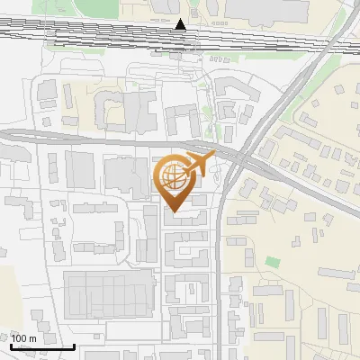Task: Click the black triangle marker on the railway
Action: click(x=181, y=24)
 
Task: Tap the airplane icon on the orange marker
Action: click(x=199, y=165)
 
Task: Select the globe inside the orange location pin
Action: click(x=174, y=177)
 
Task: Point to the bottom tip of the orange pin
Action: click(x=174, y=212)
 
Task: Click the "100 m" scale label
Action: click(x=23, y=338)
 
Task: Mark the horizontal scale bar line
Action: click(x=42, y=346)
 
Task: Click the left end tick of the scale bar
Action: click(x=11, y=345)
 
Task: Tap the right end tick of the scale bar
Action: click(x=74, y=345)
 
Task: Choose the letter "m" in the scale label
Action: click(x=32, y=338)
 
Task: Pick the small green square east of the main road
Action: click(x=272, y=262)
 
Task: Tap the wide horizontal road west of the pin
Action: click(x=72, y=136)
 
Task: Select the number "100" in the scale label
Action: click(x=19, y=338)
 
